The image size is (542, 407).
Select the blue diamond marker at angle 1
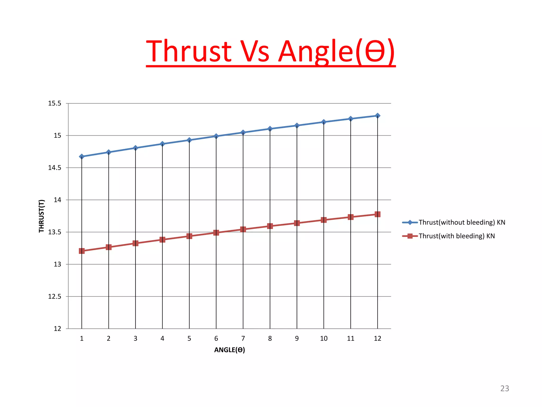[x=82, y=157]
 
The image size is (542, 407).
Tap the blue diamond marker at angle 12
[x=377, y=116]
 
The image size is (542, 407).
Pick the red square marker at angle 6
[x=216, y=233]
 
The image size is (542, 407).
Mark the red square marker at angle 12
[x=377, y=214]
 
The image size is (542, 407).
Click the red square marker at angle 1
[x=82, y=251]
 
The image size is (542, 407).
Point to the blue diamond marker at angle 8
[x=270, y=129]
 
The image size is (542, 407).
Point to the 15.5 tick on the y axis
[x=55, y=103]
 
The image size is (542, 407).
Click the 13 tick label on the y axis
[x=57, y=264]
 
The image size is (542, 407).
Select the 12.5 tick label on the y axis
[x=55, y=297]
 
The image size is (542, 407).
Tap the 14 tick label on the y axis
[x=57, y=200]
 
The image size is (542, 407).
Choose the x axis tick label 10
[x=324, y=338]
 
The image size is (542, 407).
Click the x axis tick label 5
[x=189, y=338]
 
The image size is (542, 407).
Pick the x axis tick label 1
[x=82, y=338]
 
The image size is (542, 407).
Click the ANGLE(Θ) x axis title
[x=229, y=350]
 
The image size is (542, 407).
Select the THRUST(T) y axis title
[x=42, y=216]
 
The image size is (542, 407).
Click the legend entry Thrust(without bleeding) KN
[x=462, y=222]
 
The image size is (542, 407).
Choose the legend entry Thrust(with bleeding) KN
[x=456, y=236]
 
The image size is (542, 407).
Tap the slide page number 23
[x=504, y=388]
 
